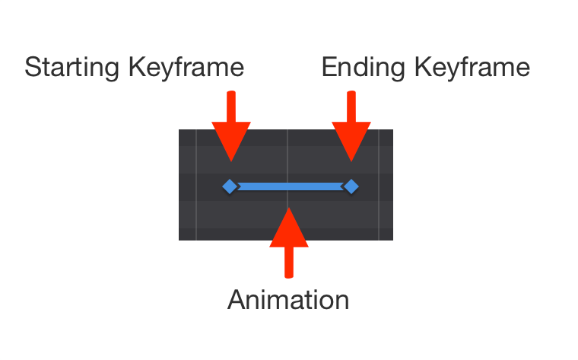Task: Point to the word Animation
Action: [288, 300]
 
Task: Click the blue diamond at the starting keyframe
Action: [230, 186]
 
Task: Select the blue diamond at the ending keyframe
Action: [351, 186]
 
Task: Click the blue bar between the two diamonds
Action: [290, 186]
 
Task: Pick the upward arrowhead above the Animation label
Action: [289, 228]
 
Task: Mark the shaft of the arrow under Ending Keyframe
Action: [351, 107]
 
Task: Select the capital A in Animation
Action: [237, 300]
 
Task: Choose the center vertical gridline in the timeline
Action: [287, 152]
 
